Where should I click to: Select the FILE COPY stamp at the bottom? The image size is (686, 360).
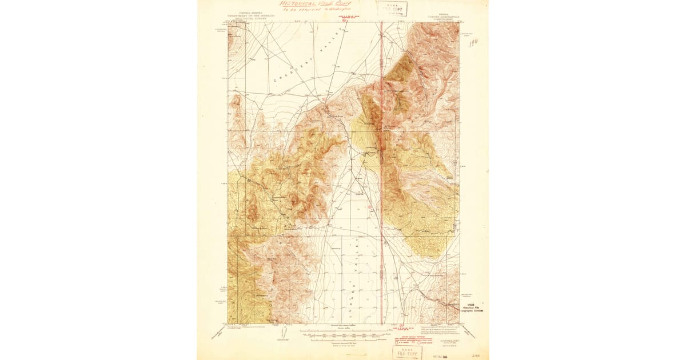coord(406,351)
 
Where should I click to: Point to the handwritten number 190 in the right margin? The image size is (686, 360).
coord(473,43)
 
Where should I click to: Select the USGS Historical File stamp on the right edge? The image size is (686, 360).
coord(474,307)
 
